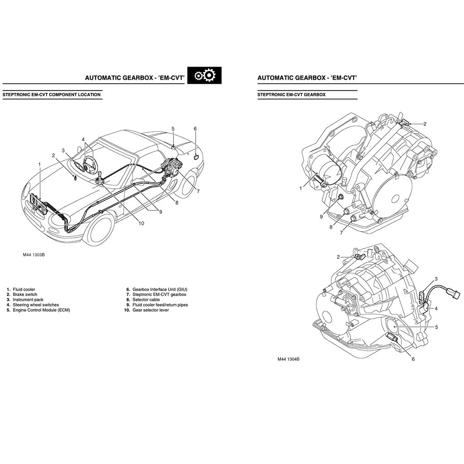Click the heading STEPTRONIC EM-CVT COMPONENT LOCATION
(52, 95)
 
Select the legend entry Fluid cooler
(24, 289)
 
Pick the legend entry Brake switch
(25, 294)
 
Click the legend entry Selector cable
(146, 300)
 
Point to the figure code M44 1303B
(34, 255)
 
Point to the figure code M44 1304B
(289, 359)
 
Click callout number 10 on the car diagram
(141, 223)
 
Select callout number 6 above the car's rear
(195, 129)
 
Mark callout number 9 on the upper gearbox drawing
(321, 217)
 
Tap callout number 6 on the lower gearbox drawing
(413, 359)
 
